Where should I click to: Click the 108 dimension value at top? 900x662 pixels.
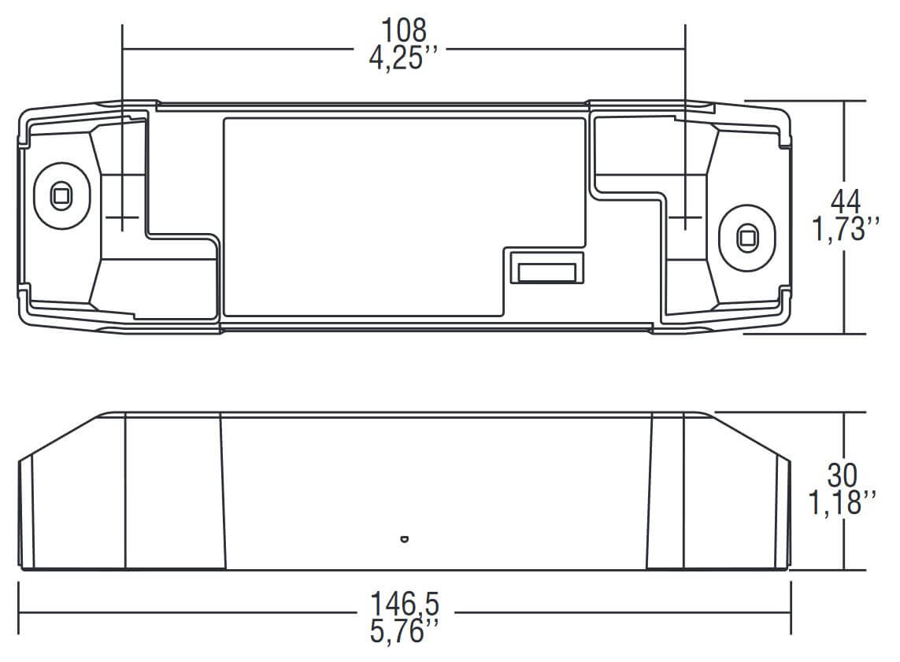[x=403, y=30]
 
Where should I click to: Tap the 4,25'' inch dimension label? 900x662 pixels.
[x=403, y=57]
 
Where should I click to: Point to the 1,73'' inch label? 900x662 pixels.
[x=845, y=231]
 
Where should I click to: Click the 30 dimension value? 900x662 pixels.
[x=843, y=475]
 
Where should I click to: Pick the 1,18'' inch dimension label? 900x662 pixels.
[x=843, y=503]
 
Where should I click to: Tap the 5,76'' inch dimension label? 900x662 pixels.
[x=404, y=632]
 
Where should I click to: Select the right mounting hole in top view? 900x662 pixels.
[x=746, y=237]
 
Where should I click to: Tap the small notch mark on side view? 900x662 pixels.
[x=404, y=539]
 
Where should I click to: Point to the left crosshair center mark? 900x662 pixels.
[x=122, y=216]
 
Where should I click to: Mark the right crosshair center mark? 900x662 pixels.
[x=685, y=216]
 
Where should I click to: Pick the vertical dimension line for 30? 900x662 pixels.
[x=845, y=441]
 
